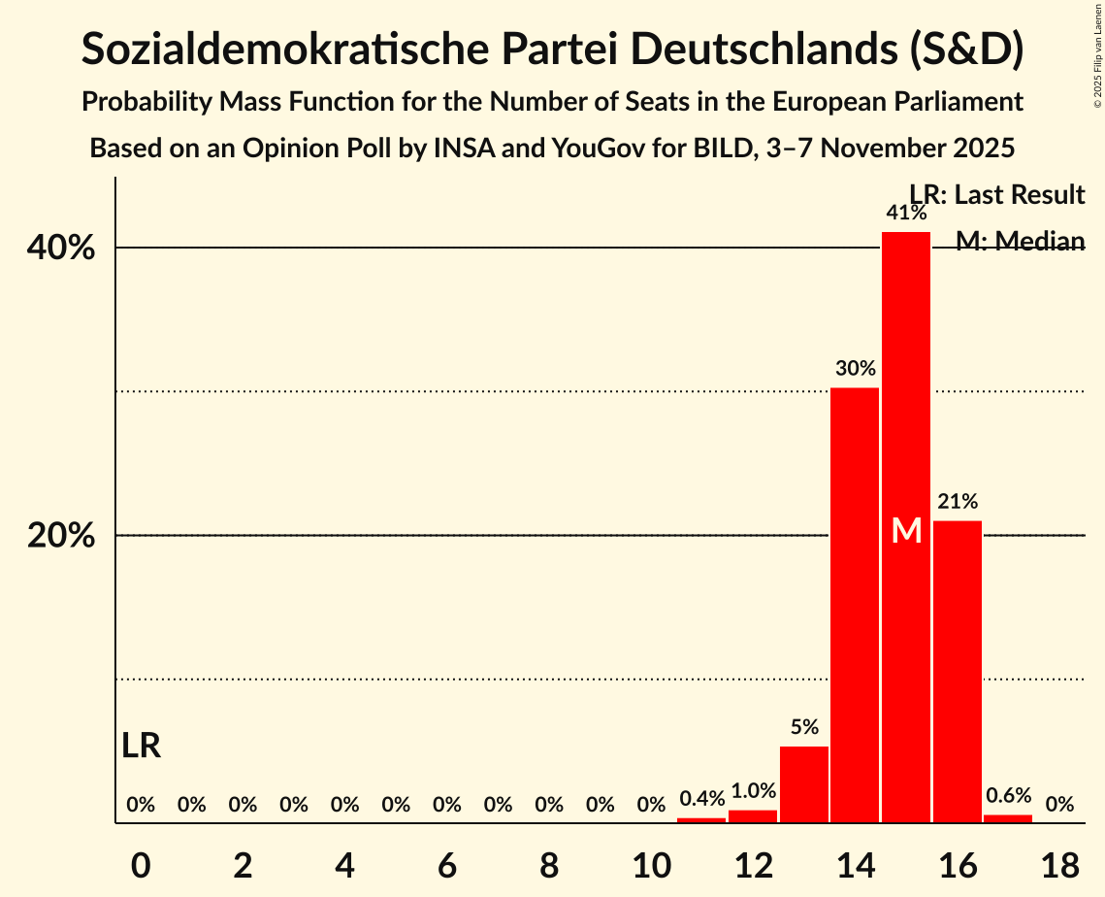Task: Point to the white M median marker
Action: point(906,531)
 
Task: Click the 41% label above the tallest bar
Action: point(906,213)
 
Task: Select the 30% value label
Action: point(855,369)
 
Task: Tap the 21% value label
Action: point(958,502)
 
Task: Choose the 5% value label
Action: point(804,727)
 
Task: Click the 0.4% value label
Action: point(701,799)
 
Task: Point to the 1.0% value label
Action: point(753,791)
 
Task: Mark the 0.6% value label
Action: point(1009,795)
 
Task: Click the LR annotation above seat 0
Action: point(142,746)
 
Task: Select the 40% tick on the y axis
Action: point(61,249)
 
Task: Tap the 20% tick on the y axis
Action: point(61,536)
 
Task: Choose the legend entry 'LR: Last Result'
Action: point(996,195)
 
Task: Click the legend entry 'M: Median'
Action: point(1019,241)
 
